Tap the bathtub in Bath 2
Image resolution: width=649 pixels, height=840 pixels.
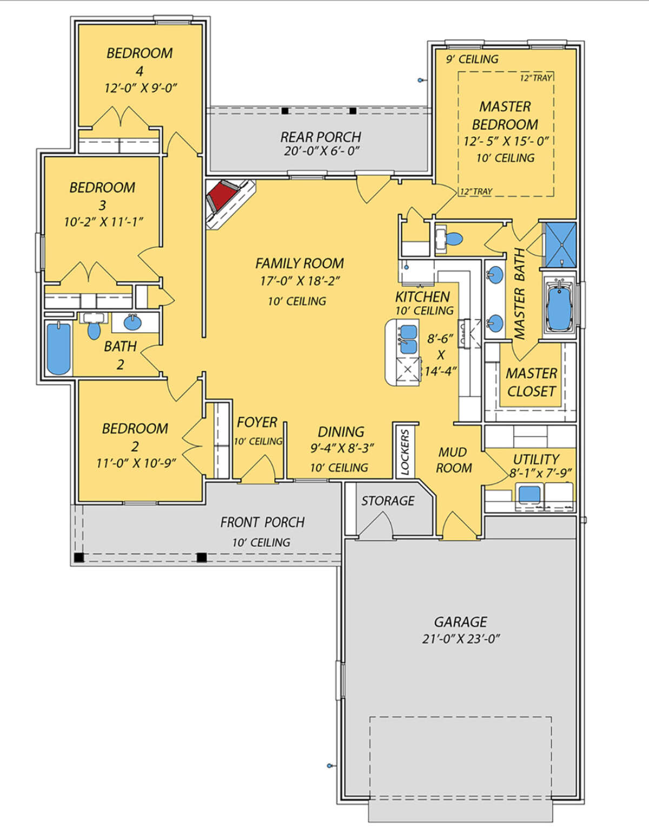click(x=59, y=348)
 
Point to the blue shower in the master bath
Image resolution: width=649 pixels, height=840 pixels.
click(x=560, y=244)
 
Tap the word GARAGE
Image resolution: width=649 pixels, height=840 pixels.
click(x=460, y=622)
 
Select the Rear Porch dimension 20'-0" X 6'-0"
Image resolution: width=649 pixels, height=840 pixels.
click(x=322, y=151)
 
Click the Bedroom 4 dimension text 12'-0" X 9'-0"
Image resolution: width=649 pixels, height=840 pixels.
click(x=140, y=88)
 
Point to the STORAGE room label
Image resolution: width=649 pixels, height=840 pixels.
click(x=388, y=501)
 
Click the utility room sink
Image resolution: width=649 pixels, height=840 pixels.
click(x=529, y=494)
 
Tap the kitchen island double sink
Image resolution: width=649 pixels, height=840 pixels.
click(x=408, y=339)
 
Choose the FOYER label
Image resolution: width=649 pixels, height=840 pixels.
click(x=257, y=422)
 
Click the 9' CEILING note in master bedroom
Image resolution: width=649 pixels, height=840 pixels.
click(x=472, y=59)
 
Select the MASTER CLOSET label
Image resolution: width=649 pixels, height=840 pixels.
click(x=532, y=382)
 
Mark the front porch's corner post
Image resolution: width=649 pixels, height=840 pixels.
click(x=79, y=558)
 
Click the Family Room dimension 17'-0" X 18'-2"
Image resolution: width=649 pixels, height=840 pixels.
click(x=300, y=281)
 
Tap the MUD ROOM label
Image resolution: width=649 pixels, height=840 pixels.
click(x=453, y=460)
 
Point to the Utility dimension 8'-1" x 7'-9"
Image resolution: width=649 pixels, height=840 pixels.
click(x=540, y=473)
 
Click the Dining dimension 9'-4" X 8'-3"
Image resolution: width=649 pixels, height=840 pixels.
click(x=342, y=448)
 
